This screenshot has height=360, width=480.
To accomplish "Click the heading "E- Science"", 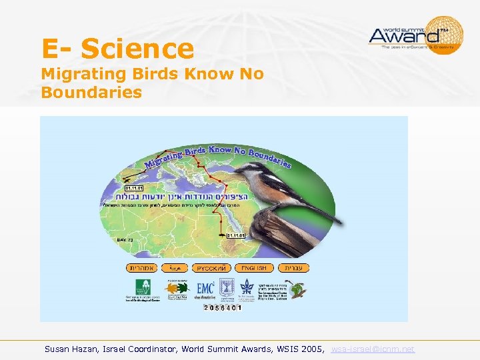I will [117, 49].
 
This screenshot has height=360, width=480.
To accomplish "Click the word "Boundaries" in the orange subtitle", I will [91, 92].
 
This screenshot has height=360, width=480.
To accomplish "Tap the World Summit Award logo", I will [416, 35].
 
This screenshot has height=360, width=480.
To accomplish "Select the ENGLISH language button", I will [253, 267].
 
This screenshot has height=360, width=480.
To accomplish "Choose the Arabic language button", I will [175, 267].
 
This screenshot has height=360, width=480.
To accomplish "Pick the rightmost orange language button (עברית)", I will [293, 267].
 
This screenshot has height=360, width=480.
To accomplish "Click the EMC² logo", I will [205, 288].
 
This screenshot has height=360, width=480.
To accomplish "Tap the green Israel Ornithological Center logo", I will [143, 287].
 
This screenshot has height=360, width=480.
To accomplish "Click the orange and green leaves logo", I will [177, 287].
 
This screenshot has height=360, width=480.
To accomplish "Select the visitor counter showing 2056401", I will [223, 307].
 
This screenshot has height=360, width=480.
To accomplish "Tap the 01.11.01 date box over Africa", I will [237, 235].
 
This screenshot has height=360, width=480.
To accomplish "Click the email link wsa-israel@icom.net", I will [373, 349].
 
